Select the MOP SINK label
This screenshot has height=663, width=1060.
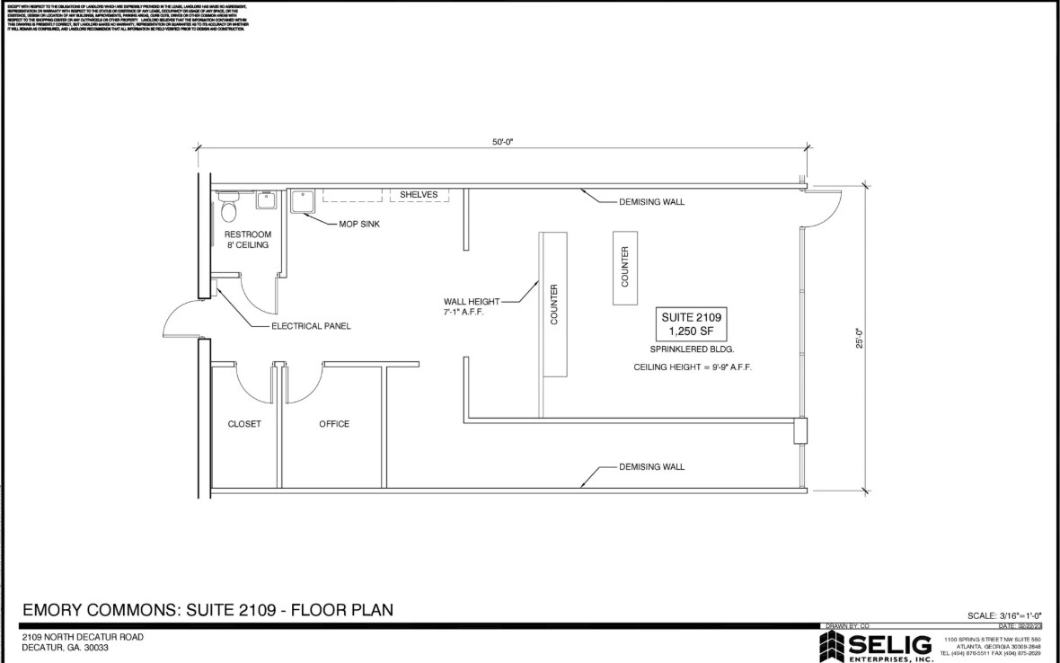point(358,224)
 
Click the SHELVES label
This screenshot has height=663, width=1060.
point(418,195)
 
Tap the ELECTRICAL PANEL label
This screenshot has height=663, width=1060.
point(311,326)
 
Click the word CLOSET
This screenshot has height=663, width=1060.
point(244,424)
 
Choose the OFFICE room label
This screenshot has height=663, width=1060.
point(334,424)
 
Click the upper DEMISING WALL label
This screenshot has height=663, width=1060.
point(651,202)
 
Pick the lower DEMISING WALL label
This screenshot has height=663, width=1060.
point(651,467)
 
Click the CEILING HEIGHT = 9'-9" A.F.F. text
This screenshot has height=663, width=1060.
point(692,367)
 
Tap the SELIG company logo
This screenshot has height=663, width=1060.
point(876,645)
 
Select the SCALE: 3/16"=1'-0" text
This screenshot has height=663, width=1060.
point(1003,615)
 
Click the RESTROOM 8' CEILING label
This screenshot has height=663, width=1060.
point(247,240)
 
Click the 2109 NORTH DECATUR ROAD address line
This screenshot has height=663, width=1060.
point(83,637)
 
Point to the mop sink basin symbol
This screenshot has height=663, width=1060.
point(301,202)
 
